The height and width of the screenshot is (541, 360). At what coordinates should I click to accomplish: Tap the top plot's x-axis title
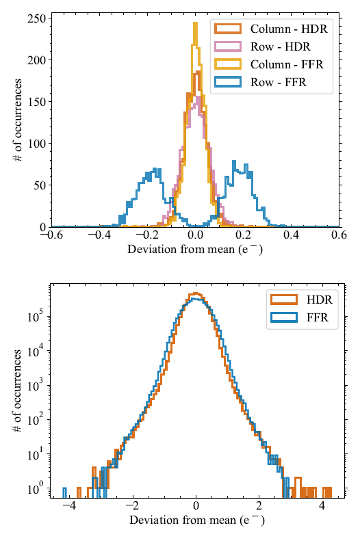(x=196, y=250)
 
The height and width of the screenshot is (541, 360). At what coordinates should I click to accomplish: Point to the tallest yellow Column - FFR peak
(x=195, y=24)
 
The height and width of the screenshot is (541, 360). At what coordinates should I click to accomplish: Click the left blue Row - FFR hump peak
(x=155, y=168)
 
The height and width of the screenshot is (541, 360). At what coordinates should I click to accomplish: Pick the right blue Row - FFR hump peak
(x=235, y=163)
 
